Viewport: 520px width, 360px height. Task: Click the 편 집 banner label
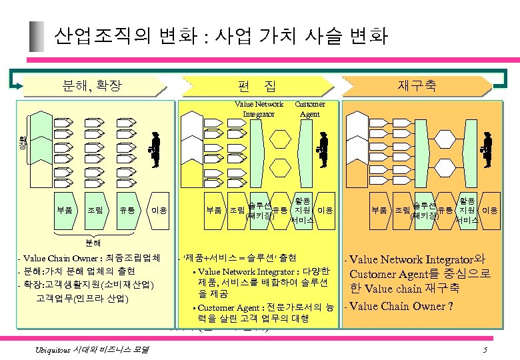point(257,85)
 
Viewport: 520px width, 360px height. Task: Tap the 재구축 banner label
point(417,85)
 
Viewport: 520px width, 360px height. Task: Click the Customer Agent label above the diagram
point(310,109)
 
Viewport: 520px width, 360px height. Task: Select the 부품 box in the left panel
point(65,210)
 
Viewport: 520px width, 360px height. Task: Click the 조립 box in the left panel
point(95,210)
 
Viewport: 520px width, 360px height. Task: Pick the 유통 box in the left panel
point(127,210)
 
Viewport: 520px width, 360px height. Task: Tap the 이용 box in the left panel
point(159,210)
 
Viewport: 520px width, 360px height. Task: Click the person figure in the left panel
point(155,149)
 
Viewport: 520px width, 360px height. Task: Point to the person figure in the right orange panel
point(487,149)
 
